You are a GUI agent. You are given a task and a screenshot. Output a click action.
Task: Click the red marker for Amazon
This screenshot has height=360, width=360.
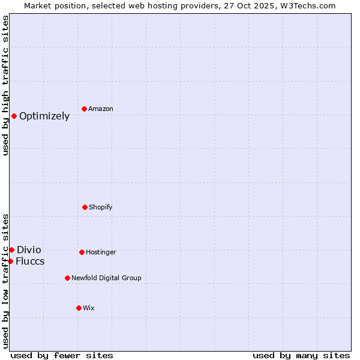[x=84, y=109]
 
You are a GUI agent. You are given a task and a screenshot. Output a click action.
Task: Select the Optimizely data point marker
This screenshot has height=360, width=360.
[x=14, y=116]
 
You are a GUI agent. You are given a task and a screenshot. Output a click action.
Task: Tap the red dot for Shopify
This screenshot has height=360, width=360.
[x=85, y=207]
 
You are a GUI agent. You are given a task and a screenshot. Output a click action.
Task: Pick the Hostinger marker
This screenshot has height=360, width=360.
[x=82, y=252]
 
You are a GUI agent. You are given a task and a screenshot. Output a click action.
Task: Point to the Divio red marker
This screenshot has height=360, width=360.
[x=11, y=250]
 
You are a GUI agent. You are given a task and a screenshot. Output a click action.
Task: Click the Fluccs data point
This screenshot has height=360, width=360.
[x=10, y=261]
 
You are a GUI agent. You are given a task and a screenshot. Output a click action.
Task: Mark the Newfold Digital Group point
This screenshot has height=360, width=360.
[x=67, y=278]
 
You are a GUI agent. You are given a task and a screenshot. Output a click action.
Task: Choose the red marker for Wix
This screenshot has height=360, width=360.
[x=79, y=308]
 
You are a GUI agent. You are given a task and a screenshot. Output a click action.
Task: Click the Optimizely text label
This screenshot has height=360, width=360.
[x=44, y=116]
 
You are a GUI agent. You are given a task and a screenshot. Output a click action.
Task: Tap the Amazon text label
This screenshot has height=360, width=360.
[x=101, y=109]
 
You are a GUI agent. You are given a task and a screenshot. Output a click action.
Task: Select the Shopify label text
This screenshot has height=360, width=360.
[x=101, y=208]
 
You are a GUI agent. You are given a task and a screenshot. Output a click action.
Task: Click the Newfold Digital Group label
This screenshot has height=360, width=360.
[x=106, y=278]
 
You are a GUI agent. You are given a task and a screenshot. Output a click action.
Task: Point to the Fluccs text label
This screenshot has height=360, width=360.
[x=30, y=262]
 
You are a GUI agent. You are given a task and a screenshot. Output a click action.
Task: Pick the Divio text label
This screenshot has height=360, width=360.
[x=29, y=250]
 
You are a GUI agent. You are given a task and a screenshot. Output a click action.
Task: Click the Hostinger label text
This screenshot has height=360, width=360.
[x=101, y=253]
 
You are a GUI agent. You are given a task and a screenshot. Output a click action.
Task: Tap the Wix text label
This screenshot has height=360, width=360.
[x=89, y=308]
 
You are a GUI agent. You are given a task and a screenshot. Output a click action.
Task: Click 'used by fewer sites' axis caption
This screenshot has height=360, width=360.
[x=62, y=355]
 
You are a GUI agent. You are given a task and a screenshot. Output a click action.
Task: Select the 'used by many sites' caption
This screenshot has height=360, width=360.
[x=301, y=355]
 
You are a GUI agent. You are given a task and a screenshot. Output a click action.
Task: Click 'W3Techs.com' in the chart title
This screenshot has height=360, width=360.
[x=306, y=5]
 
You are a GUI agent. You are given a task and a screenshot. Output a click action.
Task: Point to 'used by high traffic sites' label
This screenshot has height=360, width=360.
[x=5, y=85]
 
